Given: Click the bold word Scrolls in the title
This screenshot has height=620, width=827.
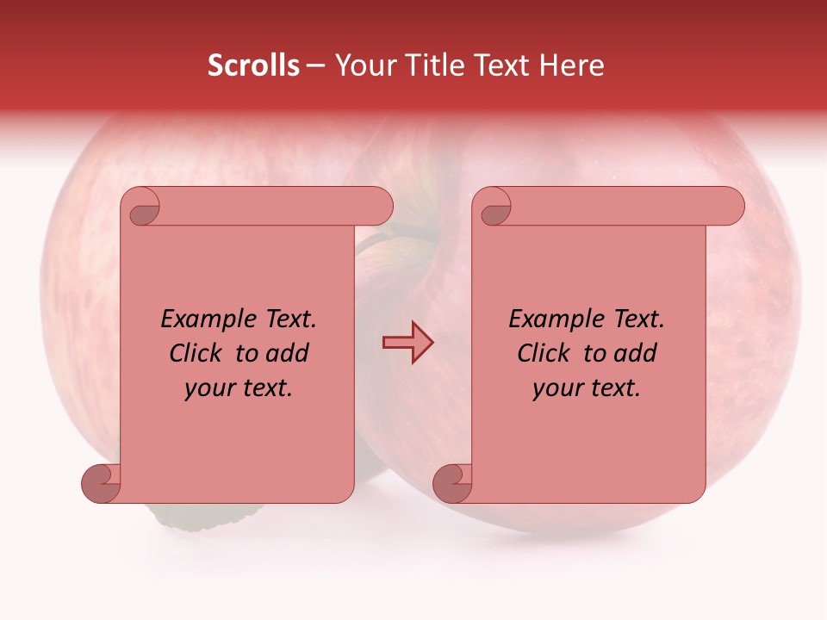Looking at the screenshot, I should (253, 65).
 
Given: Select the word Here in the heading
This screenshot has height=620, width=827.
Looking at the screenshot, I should (572, 65).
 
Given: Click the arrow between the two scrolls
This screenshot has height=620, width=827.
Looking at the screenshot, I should (407, 342).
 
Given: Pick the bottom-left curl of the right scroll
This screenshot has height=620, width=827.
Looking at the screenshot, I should (452, 482).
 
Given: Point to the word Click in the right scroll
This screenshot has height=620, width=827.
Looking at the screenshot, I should (543, 354).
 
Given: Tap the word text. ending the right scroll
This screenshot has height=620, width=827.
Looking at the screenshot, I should (612, 388).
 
